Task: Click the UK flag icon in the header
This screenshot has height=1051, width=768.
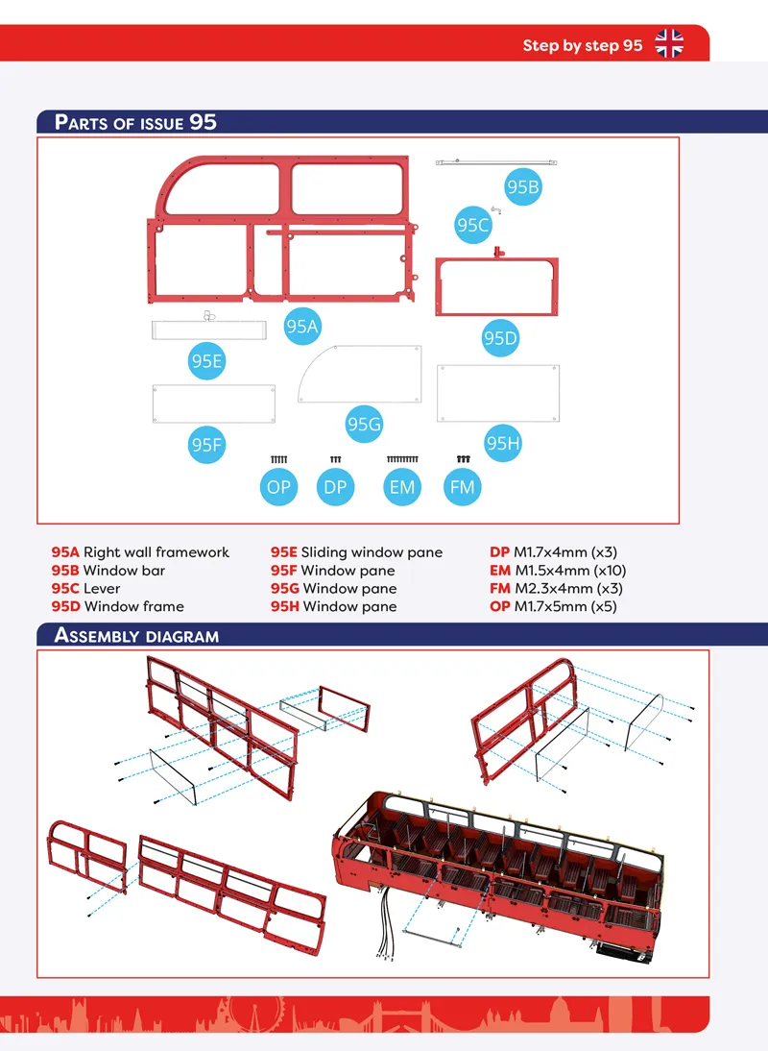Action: tap(669, 43)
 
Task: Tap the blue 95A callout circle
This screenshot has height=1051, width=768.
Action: tap(302, 327)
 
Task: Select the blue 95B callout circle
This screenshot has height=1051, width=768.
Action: tap(523, 187)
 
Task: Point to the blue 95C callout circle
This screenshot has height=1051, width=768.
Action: tap(473, 225)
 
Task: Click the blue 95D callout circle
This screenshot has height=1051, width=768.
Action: tap(500, 338)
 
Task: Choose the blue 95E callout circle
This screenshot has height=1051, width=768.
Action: tap(207, 361)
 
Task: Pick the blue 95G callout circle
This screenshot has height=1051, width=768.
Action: tap(364, 425)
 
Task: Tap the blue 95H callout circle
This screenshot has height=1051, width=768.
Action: tap(503, 443)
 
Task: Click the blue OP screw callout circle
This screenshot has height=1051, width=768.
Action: tap(278, 487)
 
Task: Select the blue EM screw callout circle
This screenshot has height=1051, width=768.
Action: tap(401, 487)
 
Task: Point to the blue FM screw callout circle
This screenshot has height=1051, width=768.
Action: tap(462, 487)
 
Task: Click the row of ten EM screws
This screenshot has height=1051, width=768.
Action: tap(402, 459)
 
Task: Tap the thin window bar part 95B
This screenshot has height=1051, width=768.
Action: tap(496, 162)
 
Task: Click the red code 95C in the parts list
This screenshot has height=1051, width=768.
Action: tap(65, 589)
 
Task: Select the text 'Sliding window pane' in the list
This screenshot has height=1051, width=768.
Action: tap(372, 552)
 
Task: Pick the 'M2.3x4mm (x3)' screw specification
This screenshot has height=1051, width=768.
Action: tap(568, 589)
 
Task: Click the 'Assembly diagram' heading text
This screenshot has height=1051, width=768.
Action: tap(136, 635)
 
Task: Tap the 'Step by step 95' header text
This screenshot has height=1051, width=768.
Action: tap(583, 45)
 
